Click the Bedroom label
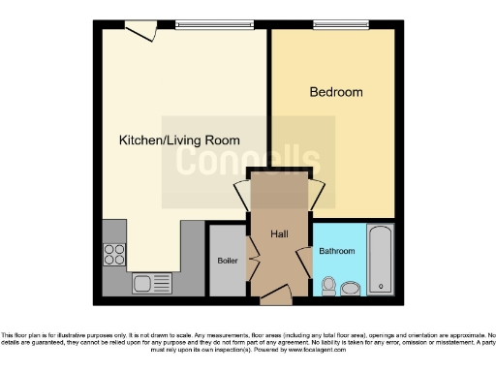336,93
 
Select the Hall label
278,233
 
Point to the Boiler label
228,261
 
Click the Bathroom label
337,252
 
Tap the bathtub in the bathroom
381,260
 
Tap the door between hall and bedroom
316,195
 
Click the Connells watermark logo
248,160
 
